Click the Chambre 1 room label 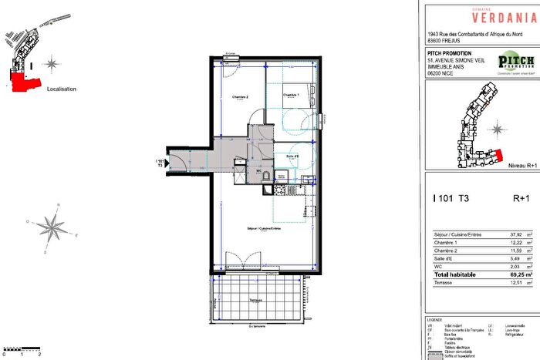(291, 95)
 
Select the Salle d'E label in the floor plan (292, 155)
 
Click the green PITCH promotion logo (516, 62)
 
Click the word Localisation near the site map (62, 89)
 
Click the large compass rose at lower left (51, 227)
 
